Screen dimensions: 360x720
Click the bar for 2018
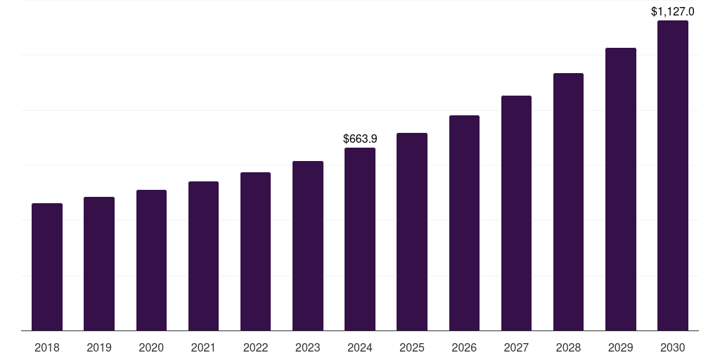click(47, 267)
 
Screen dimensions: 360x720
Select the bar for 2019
click(99, 264)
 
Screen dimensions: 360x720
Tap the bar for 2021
click(203, 256)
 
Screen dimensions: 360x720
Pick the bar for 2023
click(308, 246)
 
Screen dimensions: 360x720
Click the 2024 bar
click(360, 239)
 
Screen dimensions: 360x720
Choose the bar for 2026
click(464, 223)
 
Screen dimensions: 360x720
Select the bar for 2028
click(568, 202)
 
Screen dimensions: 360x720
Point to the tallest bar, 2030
click(672, 176)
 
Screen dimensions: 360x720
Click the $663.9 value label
click(360, 139)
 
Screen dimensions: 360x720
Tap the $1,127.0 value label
click(672, 11)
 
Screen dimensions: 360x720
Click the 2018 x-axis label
click(47, 348)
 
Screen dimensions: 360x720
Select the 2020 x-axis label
click(151, 348)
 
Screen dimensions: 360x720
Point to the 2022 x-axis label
click(255, 348)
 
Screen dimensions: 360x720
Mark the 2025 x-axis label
click(412, 348)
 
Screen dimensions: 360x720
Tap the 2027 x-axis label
click(516, 348)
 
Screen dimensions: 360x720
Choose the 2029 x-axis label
click(620, 348)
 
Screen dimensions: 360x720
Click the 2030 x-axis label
click(672, 348)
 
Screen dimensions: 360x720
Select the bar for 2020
click(151, 260)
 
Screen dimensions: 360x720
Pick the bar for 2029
click(620, 189)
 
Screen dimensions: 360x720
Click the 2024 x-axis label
click(360, 348)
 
